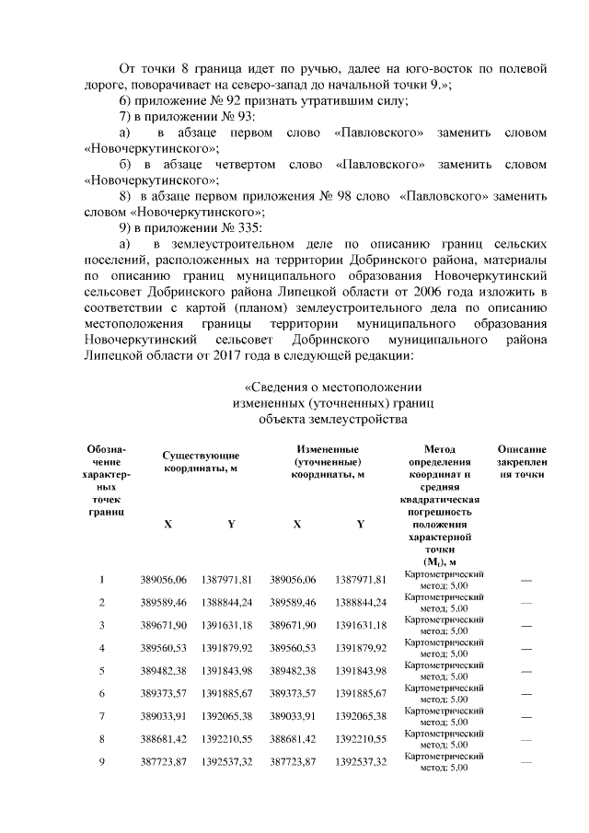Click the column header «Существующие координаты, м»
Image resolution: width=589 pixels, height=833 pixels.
201,461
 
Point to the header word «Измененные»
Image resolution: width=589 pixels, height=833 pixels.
328,448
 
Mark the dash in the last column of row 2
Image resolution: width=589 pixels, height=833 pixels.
526,602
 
